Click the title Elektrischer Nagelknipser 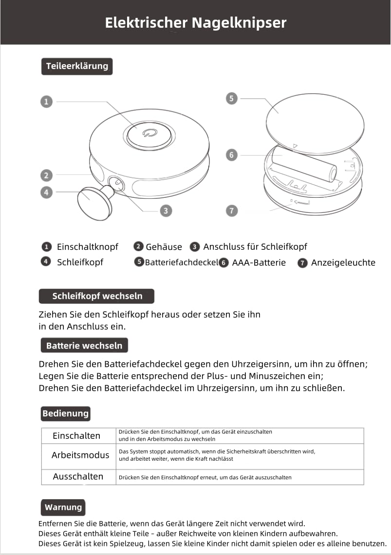[x=195, y=22]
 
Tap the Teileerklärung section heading [x=76, y=66]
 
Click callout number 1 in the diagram [x=46, y=102]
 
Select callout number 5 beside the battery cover [x=231, y=98]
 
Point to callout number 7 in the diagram [x=231, y=210]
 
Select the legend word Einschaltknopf [x=88, y=246]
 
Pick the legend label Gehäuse [x=164, y=247]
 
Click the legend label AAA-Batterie [x=259, y=263]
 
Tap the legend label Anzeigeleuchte [x=343, y=263]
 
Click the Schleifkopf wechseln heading [x=97, y=296]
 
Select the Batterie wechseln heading [x=84, y=346]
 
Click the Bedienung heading [x=65, y=414]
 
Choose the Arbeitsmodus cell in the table [x=80, y=455]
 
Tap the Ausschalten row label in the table [x=78, y=477]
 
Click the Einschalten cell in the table [x=76, y=435]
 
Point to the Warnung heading [x=63, y=507]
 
